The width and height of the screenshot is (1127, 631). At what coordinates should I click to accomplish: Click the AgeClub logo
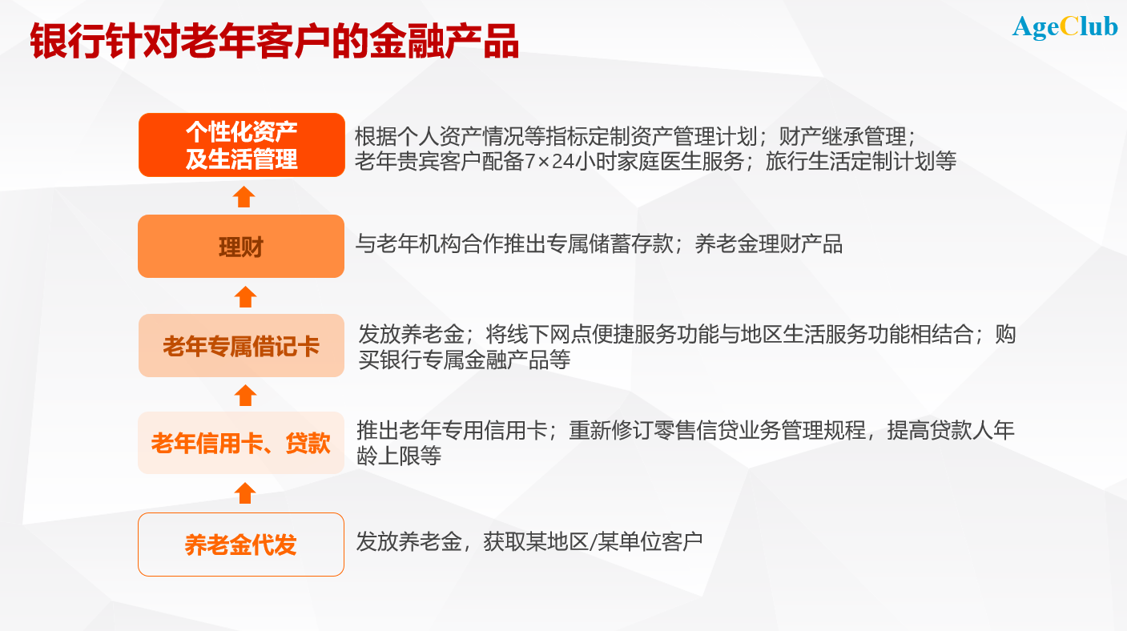point(1065,26)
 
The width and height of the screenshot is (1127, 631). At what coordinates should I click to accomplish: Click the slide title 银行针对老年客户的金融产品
point(275,42)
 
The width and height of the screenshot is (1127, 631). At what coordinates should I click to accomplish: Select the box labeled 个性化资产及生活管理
point(241,145)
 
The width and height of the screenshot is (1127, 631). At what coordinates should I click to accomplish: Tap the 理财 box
point(241,247)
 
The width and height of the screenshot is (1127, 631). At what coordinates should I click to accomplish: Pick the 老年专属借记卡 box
point(241,346)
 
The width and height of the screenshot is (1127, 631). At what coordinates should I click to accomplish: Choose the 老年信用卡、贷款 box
point(241,443)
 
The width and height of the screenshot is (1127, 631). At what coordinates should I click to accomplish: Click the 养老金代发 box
point(241,545)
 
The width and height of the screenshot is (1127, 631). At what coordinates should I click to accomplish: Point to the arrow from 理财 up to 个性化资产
point(244,196)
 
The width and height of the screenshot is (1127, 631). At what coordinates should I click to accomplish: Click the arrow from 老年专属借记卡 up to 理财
point(245,296)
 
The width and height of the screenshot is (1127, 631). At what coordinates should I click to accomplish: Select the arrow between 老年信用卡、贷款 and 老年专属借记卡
point(245,395)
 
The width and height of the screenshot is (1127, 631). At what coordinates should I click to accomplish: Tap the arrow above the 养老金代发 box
point(245,492)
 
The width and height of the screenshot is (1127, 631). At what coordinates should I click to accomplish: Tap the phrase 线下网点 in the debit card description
point(527,334)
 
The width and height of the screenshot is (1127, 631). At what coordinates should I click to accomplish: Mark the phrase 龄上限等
point(399,457)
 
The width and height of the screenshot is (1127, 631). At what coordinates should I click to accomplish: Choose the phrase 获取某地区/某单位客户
point(593,542)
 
